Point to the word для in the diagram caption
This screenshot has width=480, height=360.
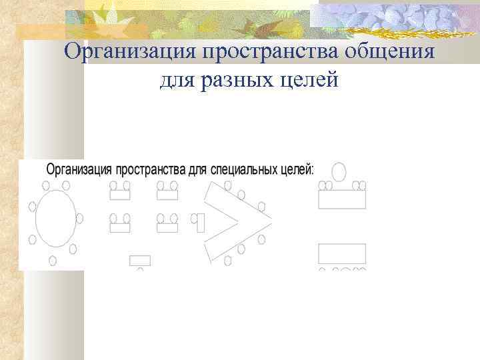(x=197, y=169)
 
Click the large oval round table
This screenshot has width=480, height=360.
(x=56, y=218)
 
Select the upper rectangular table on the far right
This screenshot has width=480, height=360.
(x=342, y=199)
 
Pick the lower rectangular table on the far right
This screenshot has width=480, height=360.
(x=342, y=254)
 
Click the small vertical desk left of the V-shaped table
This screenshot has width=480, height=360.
(x=200, y=222)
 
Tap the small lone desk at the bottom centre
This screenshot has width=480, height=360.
(x=139, y=260)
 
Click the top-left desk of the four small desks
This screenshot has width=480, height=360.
(x=120, y=195)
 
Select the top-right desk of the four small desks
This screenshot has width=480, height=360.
(x=167, y=195)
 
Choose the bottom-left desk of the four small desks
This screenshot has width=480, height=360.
(x=120, y=227)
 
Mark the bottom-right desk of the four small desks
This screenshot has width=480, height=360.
(x=167, y=227)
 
